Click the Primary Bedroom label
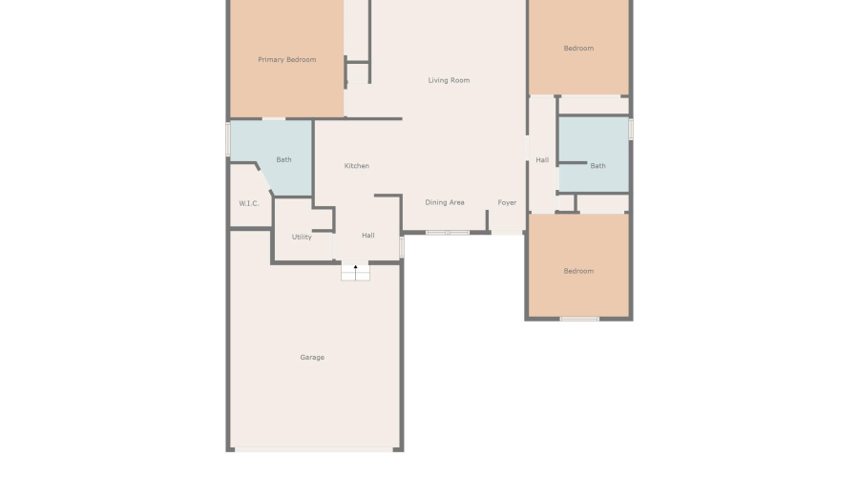click(286, 60)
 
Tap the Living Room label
click(449, 80)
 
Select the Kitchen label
click(357, 166)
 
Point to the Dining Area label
click(444, 202)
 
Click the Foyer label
click(507, 202)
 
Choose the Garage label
click(312, 358)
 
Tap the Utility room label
click(302, 238)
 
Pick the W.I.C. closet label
click(249, 204)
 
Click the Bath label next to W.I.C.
click(283, 160)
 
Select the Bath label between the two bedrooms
click(597, 166)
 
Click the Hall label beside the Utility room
click(368, 236)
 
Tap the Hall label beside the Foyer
click(542, 160)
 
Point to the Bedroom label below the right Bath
click(578, 271)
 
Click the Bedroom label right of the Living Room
click(578, 49)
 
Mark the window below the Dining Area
click(448, 233)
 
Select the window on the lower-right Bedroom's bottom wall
click(579, 319)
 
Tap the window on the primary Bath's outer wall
click(228, 139)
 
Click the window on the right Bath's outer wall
click(631, 129)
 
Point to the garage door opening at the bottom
click(314, 450)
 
